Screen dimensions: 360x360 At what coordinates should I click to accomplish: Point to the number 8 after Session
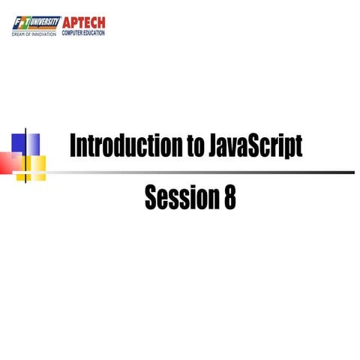coord(229,196)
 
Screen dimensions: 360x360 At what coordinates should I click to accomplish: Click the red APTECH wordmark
coord(84,22)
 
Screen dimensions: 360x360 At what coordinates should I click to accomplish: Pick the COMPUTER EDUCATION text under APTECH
coord(84,33)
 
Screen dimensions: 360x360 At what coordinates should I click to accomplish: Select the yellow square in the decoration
coord(34,163)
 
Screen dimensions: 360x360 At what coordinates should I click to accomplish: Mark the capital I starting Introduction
coord(73,145)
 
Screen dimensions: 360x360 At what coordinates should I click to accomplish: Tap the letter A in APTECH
coord(67,22)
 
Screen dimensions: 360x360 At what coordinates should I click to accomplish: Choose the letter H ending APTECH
coord(100,22)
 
